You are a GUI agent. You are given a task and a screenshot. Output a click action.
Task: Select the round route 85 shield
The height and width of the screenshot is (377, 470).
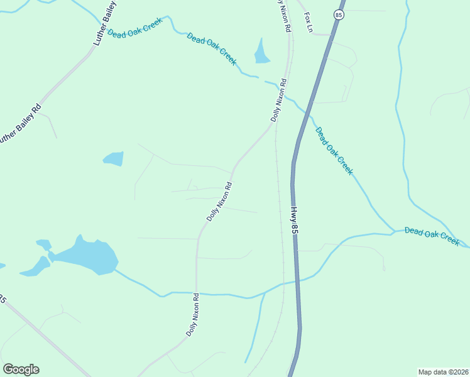point(339,15)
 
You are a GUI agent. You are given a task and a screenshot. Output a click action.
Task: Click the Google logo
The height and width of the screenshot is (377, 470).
point(21,369)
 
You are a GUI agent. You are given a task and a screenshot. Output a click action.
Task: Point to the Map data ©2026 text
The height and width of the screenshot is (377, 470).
point(443,371)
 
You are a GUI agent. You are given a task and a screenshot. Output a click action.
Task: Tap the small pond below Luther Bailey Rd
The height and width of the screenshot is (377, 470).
point(114,158)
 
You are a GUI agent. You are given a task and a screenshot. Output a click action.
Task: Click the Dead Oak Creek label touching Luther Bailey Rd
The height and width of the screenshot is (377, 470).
point(134,29)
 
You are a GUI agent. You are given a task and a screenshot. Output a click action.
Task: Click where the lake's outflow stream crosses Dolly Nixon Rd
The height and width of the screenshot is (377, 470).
point(197,293)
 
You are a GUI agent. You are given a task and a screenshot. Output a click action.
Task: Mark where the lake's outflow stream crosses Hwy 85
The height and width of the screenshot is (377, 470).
point(296,281)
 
